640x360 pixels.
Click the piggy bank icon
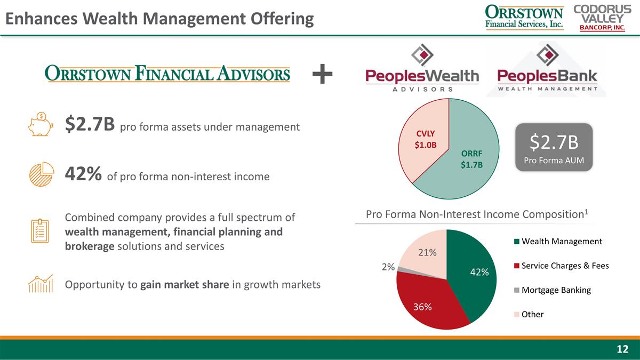pos(41,125)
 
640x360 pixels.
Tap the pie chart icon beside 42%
pos(41,174)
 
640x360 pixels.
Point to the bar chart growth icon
pos(41,284)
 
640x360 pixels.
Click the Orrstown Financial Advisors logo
pos(168,74)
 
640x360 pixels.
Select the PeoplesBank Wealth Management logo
pos(548,70)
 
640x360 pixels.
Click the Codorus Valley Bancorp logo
pos(598,18)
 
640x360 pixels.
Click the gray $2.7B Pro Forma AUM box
pos(554,147)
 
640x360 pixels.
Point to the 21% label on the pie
pos(427,252)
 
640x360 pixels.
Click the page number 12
pos(622,349)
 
